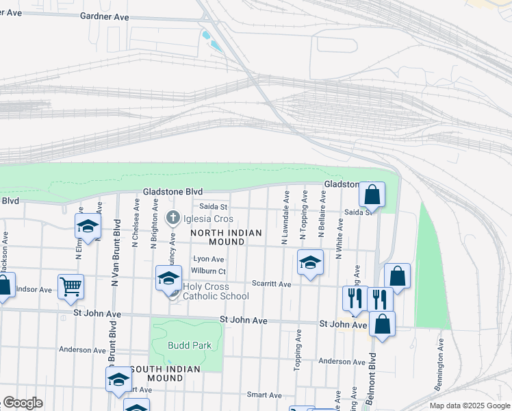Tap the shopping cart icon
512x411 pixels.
71,286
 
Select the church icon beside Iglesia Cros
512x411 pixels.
173,219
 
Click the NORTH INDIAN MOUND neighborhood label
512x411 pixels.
226,238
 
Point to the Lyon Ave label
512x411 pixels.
209,260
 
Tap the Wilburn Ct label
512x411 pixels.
209,271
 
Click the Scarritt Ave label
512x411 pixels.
272,284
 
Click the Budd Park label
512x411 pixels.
190,345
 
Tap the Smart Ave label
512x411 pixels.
264,395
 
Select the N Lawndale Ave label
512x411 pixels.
285,219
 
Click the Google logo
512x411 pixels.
23,403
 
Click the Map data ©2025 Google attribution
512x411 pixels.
469,406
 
